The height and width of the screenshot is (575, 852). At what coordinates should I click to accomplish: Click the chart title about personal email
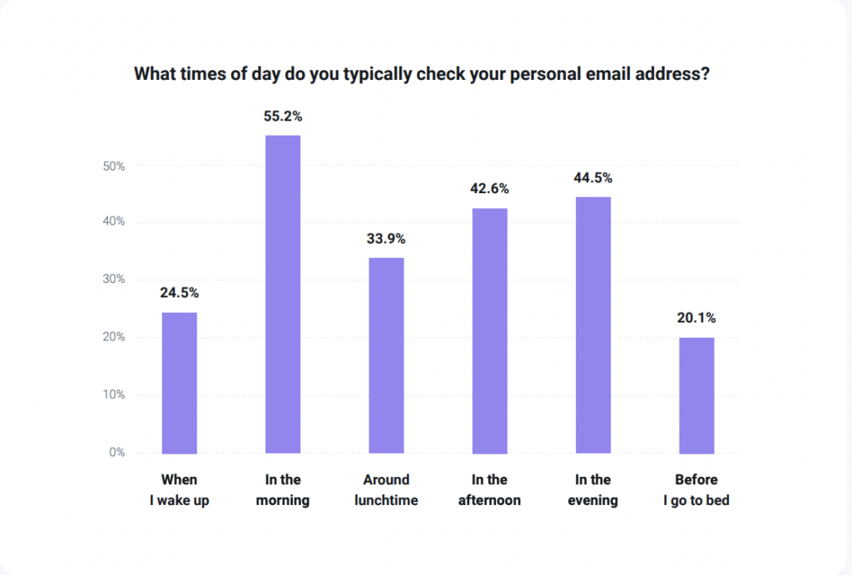click(x=422, y=74)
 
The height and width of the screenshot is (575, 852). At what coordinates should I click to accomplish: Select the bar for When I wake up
click(x=179, y=383)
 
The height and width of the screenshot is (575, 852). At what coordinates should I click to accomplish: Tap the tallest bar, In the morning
click(x=283, y=295)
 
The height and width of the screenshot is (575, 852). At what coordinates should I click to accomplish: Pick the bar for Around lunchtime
click(x=386, y=355)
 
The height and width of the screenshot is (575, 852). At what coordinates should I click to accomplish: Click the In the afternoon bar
click(x=489, y=330)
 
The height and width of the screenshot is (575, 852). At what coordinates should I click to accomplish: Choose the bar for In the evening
click(x=592, y=325)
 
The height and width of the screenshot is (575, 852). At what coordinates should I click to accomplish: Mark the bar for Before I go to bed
click(x=696, y=395)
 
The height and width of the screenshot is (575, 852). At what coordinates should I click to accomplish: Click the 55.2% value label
click(x=283, y=117)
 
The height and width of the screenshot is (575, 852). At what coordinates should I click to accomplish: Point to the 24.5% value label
click(x=179, y=294)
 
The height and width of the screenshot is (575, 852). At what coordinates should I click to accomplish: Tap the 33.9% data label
click(x=386, y=239)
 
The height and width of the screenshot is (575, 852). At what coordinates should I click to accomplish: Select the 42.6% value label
click(x=489, y=189)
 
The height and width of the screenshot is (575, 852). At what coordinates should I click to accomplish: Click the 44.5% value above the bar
click(x=592, y=178)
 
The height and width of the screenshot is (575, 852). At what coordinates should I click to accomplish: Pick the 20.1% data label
click(x=696, y=318)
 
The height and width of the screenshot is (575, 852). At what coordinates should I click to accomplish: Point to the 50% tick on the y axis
click(x=114, y=166)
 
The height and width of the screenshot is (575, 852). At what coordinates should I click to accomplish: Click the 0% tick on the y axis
click(x=117, y=454)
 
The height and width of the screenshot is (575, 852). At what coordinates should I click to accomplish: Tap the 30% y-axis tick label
click(x=114, y=280)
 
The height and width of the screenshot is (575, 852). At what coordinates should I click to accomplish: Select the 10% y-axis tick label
click(x=114, y=395)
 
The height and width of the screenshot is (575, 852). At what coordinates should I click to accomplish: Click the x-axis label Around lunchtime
click(x=386, y=490)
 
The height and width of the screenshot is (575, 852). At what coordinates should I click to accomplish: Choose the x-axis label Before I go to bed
click(x=696, y=490)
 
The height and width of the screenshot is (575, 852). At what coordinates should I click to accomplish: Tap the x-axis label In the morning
click(x=283, y=490)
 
